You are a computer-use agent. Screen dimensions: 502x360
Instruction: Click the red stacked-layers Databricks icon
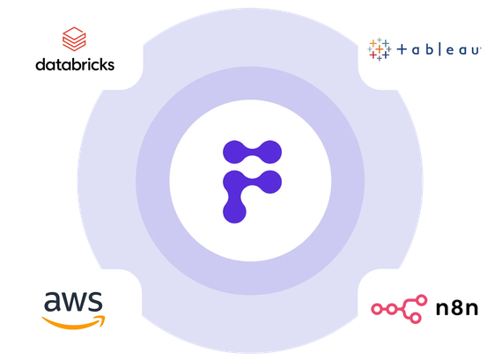click(74, 39)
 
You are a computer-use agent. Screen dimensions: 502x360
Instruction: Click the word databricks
click(75, 64)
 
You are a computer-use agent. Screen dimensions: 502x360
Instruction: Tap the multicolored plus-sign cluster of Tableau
click(379, 49)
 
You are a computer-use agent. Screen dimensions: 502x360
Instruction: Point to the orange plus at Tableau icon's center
click(380, 49)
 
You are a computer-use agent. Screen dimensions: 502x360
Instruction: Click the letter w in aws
click(74, 302)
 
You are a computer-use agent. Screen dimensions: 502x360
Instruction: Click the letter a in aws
click(52, 302)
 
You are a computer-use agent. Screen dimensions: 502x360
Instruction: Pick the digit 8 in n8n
click(457, 308)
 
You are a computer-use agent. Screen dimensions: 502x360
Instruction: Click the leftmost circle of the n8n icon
click(377, 309)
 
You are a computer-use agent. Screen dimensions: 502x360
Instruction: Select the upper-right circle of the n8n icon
click(422, 300)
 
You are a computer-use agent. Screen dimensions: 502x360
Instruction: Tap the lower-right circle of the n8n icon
click(415, 318)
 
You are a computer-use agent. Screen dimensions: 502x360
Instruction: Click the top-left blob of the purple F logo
click(234, 152)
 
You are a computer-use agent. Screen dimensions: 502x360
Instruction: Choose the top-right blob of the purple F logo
click(269, 152)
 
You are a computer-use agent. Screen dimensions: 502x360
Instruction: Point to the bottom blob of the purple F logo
click(234, 211)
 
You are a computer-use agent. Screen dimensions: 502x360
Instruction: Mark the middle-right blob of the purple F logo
click(269, 181)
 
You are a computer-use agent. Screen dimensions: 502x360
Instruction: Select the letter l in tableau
click(439, 49)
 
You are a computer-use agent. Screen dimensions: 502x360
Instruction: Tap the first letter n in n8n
click(443, 309)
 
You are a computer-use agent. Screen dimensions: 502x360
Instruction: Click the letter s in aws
click(95, 302)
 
